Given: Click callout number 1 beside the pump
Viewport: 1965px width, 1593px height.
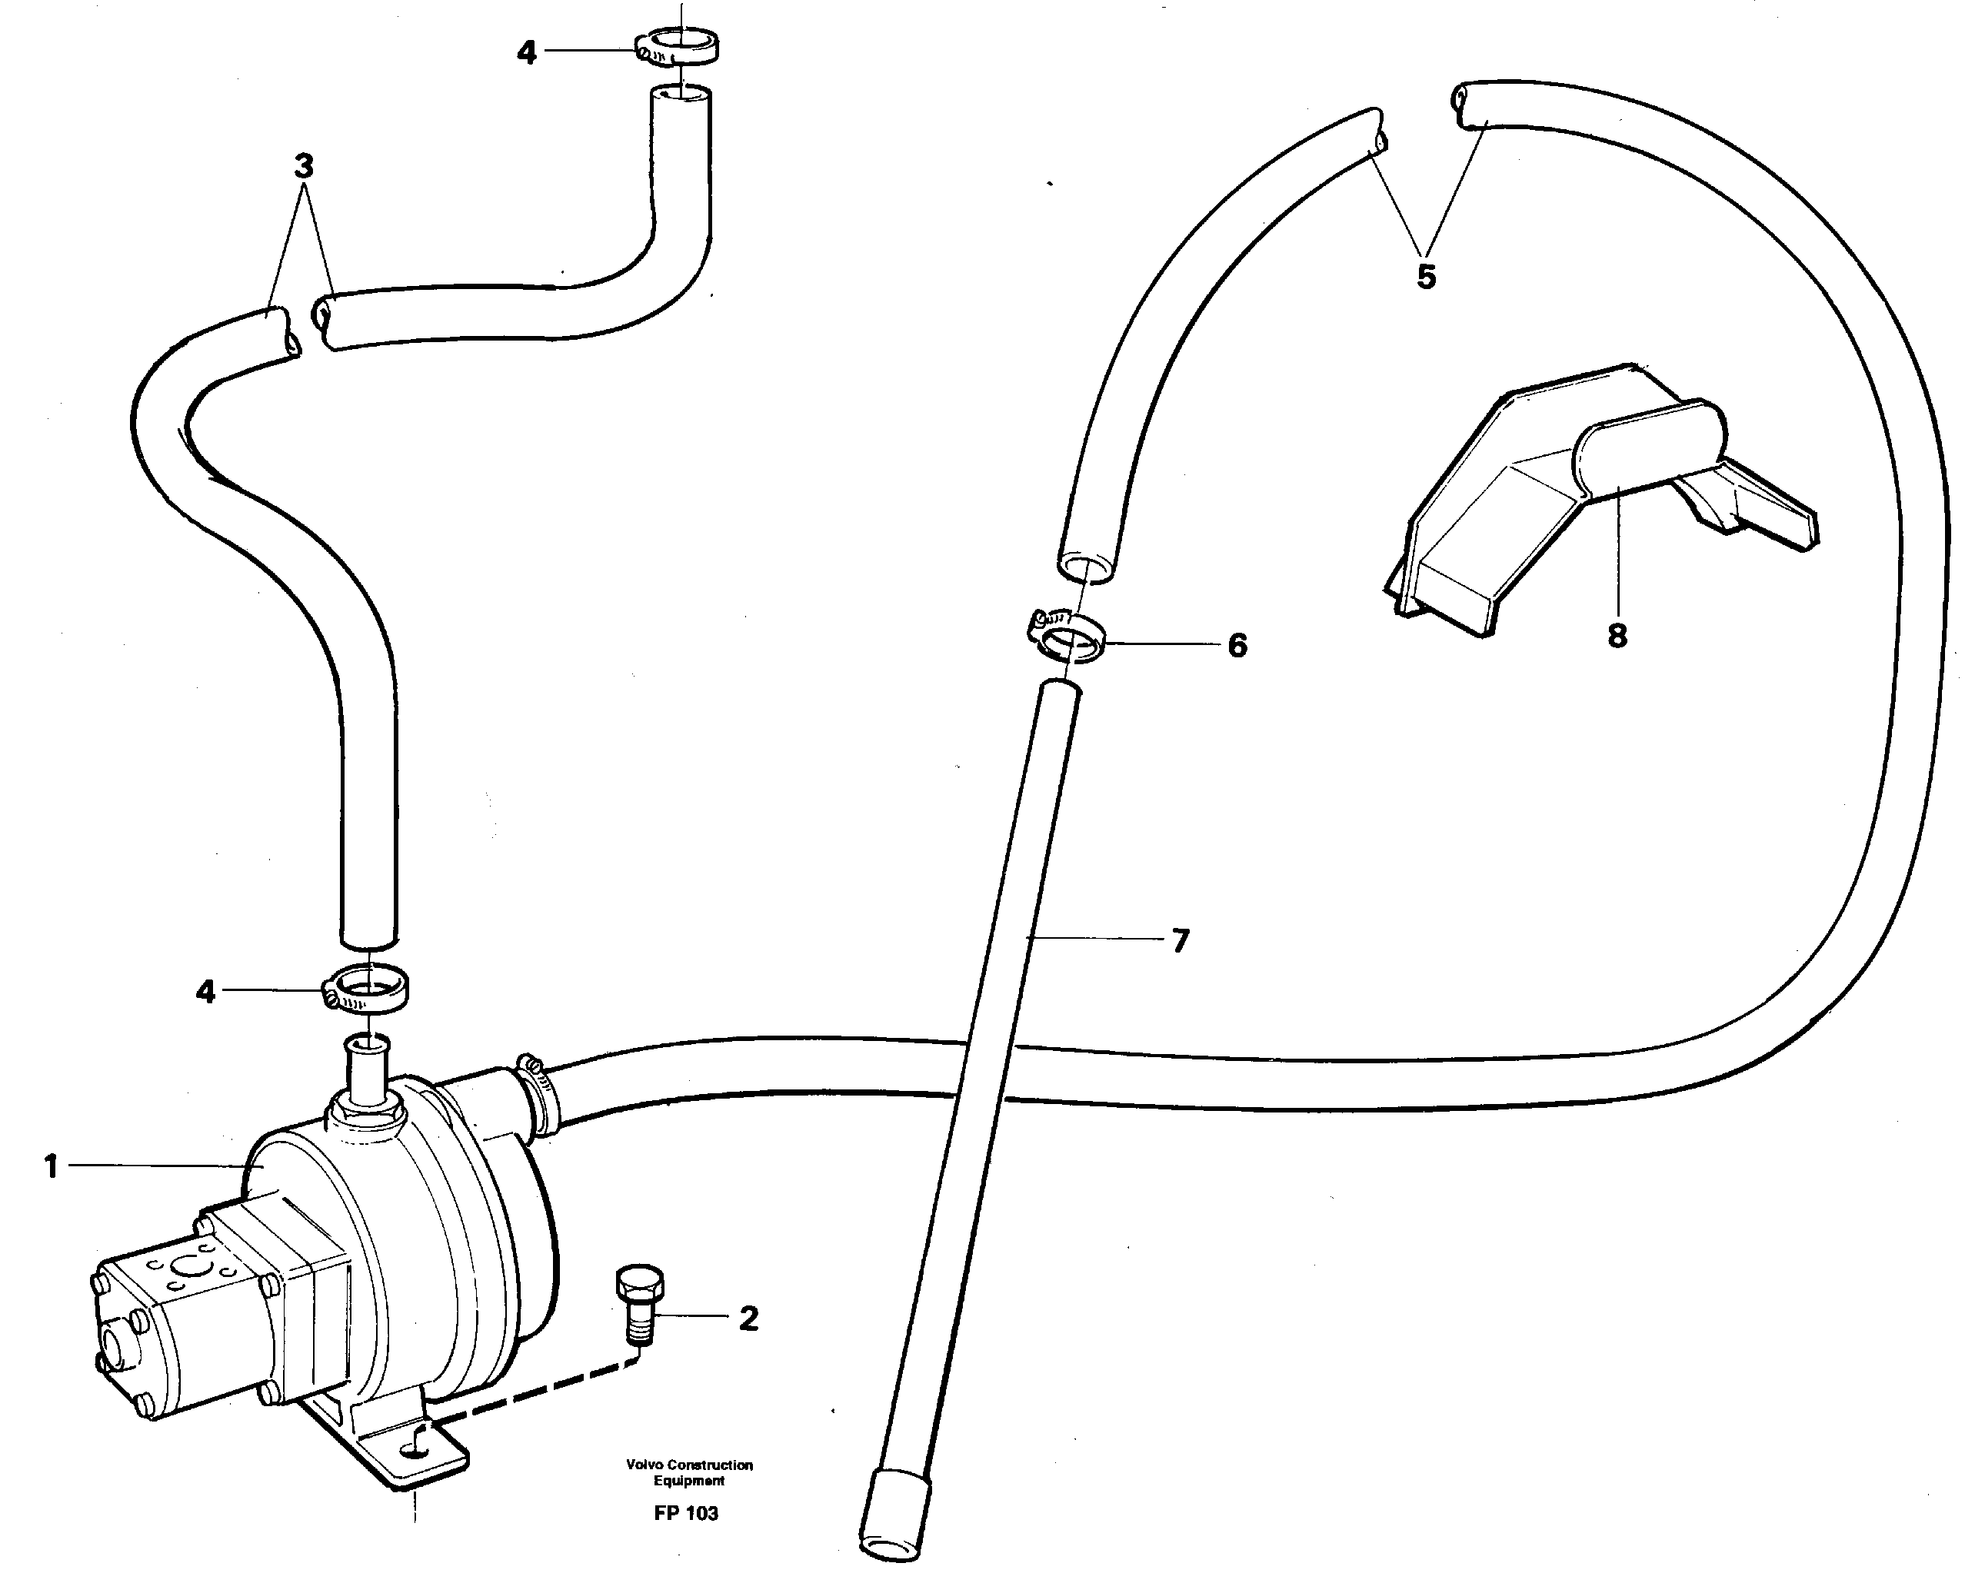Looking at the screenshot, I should [x=51, y=1167].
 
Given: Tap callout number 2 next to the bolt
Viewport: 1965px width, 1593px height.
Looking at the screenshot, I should [x=749, y=1319].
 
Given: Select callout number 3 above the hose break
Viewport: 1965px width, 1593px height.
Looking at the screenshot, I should [x=304, y=166].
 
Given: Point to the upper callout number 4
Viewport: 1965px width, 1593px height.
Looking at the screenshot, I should [x=526, y=53].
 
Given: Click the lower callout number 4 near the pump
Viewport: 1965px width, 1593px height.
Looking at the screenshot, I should [x=205, y=991].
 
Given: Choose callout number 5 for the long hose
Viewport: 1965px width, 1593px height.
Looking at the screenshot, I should [x=1425, y=276].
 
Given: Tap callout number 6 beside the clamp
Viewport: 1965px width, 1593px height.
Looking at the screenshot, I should [x=1237, y=645].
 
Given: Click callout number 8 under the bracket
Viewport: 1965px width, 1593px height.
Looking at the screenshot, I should [x=1617, y=635].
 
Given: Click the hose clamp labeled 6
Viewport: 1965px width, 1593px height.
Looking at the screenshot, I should [x=1067, y=640].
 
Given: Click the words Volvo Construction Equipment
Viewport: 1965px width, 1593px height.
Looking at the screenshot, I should [x=689, y=1472].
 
